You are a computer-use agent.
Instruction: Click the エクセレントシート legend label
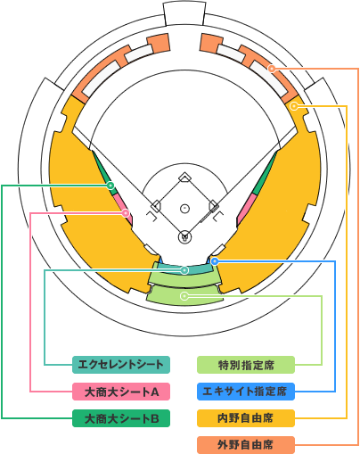tap(121, 365)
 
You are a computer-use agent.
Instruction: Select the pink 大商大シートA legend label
tap(121, 392)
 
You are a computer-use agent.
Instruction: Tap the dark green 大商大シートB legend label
tap(121, 418)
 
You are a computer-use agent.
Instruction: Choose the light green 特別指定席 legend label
tap(246, 365)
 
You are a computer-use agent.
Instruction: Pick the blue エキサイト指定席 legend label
tap(246, 392)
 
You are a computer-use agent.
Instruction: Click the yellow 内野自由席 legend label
tap(246, 418)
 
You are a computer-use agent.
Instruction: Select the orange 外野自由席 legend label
tap(246, 445)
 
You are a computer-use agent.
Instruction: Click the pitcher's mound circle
tap(185, 208)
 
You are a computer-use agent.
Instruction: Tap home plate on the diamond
tap(184, 237)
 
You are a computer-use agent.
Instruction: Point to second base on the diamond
tap(184, 177)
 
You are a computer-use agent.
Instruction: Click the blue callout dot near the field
tap(215, 261)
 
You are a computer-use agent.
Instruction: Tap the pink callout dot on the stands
tap(126, 213)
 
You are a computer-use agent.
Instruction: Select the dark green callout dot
tap(110, 186)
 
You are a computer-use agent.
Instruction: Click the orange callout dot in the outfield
tap(271, 69)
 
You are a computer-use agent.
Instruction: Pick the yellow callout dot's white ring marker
tap(294, 106)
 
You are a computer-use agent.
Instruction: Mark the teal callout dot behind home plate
tap(184, 270)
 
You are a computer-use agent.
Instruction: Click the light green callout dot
tap(184, 296)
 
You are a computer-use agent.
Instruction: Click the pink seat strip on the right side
tap(246, 209)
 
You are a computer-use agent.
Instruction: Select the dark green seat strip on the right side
tap(266, 173)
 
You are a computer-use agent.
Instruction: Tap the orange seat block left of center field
tap(159, 43)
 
